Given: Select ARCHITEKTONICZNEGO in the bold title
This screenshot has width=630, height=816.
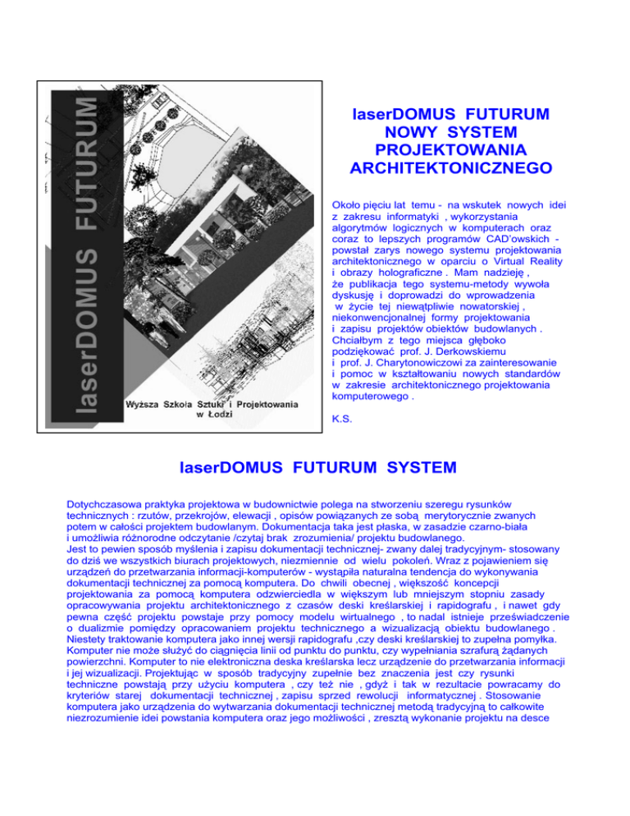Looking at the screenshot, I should tap(448, 169).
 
